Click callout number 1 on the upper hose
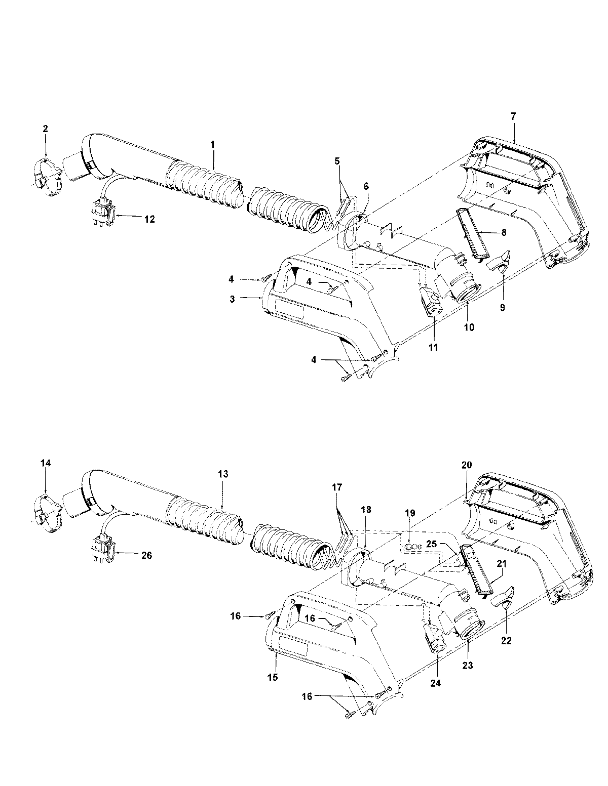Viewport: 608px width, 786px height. pyautogui.click(x=213, y=144)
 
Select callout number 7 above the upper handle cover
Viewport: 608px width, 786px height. pyautogui.click(x=513, y=116)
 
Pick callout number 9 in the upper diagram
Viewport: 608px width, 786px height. pyautogui.click(x=502, y=307)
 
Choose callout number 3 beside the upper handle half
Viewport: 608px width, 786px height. pyautogui.click(x=232, y=299)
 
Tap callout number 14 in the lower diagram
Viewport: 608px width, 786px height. pyautogui.click(x=45, y=463)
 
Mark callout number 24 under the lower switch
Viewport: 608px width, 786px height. pyautogui.click(x=436, y=683)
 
